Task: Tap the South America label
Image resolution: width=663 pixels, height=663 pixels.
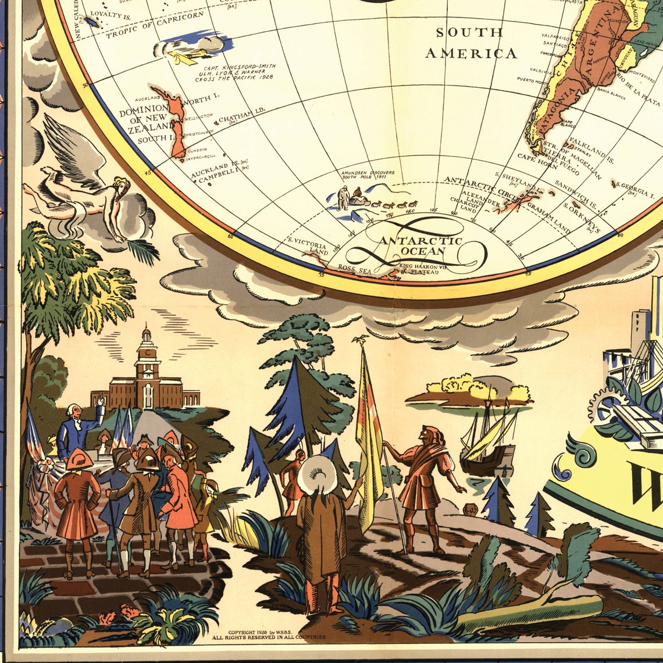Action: click(x=470, y=43)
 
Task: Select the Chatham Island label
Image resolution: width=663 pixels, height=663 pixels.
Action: click(x=243, y=117)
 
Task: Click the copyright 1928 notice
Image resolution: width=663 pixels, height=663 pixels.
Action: click(x=269, y=635)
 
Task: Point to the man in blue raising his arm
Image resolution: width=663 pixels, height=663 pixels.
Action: click(x=79, y=427)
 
